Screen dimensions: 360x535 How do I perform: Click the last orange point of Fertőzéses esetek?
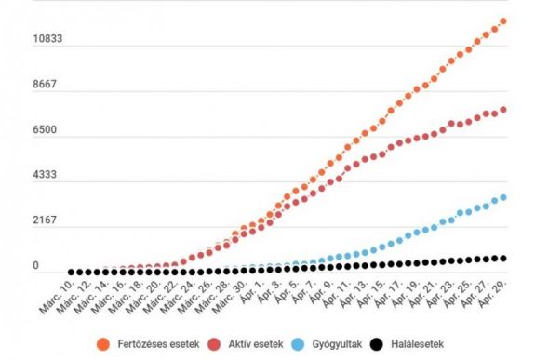(x=503, y=20)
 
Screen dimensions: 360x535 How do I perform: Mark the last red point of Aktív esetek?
(x=503, y=110)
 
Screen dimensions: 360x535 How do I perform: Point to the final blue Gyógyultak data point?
(x=503, y=197)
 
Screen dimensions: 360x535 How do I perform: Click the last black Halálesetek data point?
(x=503, y=259)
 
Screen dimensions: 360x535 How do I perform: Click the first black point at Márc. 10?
(x=70, y=272)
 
